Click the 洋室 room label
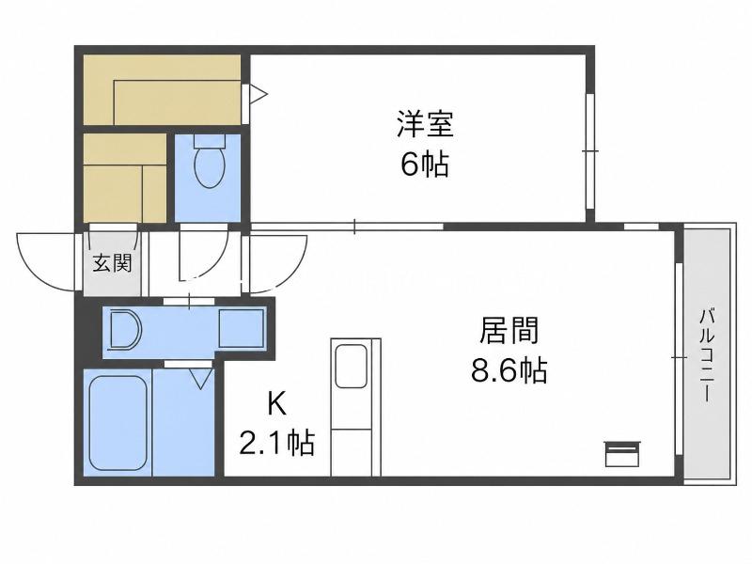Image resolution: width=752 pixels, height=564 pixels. tap(425, 124)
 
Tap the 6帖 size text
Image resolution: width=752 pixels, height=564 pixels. tap(425, 164)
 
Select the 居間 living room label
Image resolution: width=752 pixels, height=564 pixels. tap(509, 330)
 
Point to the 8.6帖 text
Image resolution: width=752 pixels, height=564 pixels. tap(509, 370)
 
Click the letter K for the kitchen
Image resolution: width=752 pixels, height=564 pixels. tap(276, 404)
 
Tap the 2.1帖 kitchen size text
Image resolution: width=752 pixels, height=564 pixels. tap(276, 444)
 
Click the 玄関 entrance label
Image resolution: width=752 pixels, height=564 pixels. tap(112, 263)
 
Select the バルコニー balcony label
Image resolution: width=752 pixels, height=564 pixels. tap(707, 355)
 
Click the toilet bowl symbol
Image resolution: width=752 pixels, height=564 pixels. tap(210, 166)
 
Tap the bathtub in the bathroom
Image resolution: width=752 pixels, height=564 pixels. tap(118, 423)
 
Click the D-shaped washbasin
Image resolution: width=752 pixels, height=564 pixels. tap(126, 330)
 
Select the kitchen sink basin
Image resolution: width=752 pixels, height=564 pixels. tap(352, 367)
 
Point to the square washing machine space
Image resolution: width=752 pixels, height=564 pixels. tap(242, 328)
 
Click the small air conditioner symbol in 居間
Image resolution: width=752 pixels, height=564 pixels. tap(622, 454)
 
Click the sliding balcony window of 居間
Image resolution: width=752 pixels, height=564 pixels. tap(679, 358)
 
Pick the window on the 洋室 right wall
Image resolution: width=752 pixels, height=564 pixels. tap(590, 151)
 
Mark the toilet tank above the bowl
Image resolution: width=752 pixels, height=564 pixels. tap(210, 140)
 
